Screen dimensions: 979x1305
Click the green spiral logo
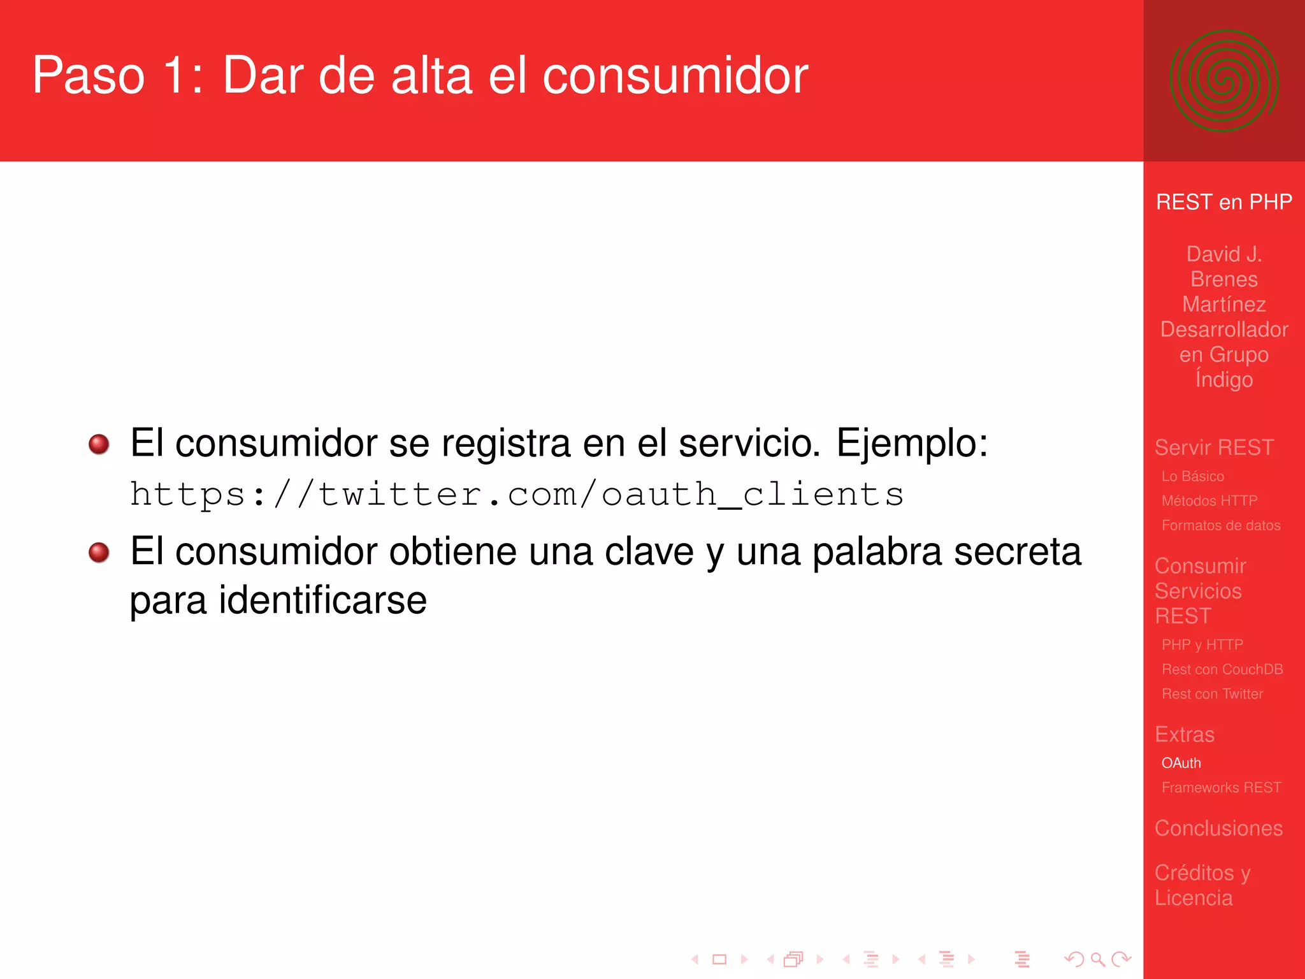click(x=1223, y=81)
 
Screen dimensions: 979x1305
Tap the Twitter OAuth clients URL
click(x=517, y=495)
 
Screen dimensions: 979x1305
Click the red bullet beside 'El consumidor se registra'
click(x=99, y=444)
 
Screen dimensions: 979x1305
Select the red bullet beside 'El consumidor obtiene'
click(x=99, y=552)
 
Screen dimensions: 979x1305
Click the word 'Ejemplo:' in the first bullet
click(x=912, y=443)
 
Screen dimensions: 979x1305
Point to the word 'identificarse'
click(x=322, y=600)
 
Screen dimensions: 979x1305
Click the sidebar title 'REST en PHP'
click(x=1223, y=202)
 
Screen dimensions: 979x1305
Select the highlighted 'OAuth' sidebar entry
click(x=1181, y=763)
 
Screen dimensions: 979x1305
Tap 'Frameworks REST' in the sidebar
click(x=1221, y=788)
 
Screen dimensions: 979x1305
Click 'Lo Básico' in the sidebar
click(x=1192, y=476)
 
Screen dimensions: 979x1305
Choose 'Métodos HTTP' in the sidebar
click(x=1209, y=501)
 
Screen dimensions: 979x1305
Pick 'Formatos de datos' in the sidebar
click(x=1220, y=526)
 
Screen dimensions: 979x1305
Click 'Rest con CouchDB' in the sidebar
click(x=1222, y=669)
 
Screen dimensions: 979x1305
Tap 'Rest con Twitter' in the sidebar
click(x=1212, y=694)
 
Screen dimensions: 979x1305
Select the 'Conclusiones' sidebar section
click(x=1218, y=828)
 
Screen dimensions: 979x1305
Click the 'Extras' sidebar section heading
click(x=1185, y=734)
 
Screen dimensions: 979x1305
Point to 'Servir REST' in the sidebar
click(x=1214, y=447)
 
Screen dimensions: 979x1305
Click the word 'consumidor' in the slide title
click(x=675, y=76)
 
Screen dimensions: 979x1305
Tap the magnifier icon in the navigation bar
click(x=1097, y=959)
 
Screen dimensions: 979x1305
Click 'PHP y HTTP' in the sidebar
click(x=1202, y=644)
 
